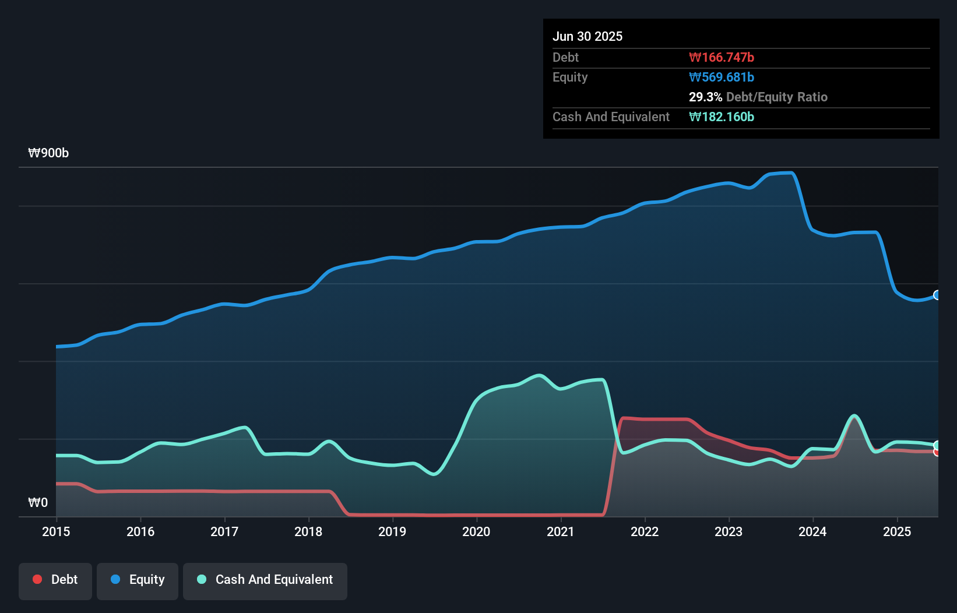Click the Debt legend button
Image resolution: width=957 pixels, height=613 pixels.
click(x=55, y=580)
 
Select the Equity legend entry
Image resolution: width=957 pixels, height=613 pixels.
click(x=138, y=580)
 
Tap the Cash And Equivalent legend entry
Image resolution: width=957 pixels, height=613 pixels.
click(x=265, y=580)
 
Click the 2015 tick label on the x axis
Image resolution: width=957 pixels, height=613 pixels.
click(x=56, y=531)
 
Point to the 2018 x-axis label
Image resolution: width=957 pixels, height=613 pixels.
click(x=308, y=531)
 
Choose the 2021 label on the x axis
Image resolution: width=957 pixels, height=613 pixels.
click(x=561, y=531)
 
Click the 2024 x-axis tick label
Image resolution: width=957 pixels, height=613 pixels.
click(x=812, y=531)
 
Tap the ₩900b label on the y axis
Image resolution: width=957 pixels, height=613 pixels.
click(x=48, y=153)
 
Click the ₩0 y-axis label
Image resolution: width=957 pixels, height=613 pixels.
click(x=38, y=502)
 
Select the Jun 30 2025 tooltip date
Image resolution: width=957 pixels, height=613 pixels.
click(x=587, y=36)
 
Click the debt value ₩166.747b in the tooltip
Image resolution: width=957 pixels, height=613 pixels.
click(x=722, y=57)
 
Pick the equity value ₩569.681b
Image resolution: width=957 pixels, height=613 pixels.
click(x=722, y=77)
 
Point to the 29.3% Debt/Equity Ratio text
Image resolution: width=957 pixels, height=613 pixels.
click(x=758, y=97)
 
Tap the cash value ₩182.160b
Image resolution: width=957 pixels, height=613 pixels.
click(x=722, y=117)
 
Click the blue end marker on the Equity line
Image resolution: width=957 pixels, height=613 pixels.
click(x=937, y=295)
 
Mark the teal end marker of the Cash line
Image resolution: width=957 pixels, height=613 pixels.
click(x=937, y=445)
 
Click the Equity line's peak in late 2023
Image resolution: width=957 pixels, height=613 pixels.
click(x=790, y=172)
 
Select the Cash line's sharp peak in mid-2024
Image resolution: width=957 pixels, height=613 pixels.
click(x=854, y=416)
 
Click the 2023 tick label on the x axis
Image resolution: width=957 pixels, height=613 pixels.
click(x=729, y=531)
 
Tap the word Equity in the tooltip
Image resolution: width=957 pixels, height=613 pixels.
click(x=570, y=77)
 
